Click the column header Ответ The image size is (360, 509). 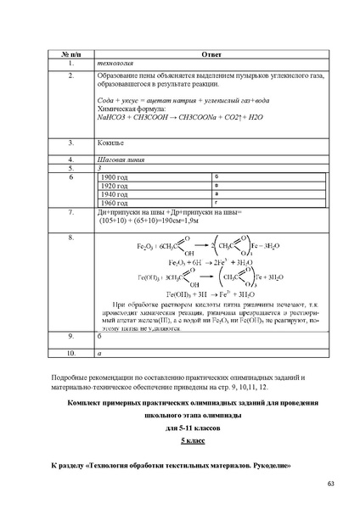pos(211,53)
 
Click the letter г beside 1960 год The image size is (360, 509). pos(217,203)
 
